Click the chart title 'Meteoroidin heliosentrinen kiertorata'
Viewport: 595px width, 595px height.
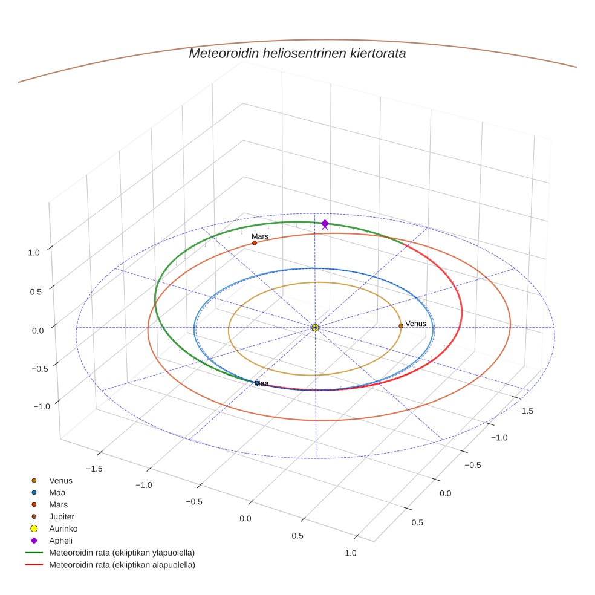pyautogui.click(x=297, y=53)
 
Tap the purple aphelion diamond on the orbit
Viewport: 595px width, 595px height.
pyautogui.click(x=325, y=224)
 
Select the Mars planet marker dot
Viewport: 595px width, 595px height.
pyautogui.click(x=255, y=243)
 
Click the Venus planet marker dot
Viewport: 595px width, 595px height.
pyautogui.click(x=401, y=326)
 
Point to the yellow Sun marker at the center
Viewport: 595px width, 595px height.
pyautogui.click(x=315, y=327)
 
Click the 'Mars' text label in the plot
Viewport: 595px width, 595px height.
pyautogui.click(x=260, y=236)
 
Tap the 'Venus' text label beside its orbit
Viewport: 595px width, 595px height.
pyautogui.click(x=415, y=324)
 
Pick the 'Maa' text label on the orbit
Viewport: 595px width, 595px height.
pyautogui.click(x=261, y=383)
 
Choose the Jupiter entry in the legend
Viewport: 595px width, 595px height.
pyautogui.click(x=62, y=516)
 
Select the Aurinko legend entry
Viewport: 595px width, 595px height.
pyautogui.click(x=63, y=528)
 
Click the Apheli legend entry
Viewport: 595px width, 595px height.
pyautogui.click(x=60, y=541)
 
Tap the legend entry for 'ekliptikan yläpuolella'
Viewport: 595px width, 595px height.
pyautogui.click(x=122, y=553)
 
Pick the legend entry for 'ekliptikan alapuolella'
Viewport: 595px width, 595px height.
pyautogui.click(x=122, y=565)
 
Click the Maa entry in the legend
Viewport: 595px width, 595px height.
pyautogui.click(x=57, y=492)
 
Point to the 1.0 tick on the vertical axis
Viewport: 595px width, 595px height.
pyautogui.click(x=34, y=253)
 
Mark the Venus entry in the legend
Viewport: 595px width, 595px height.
pyautogui.click(x=60, y=480)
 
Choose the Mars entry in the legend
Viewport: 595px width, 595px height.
pyautogui.click(x=59, y=504)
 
